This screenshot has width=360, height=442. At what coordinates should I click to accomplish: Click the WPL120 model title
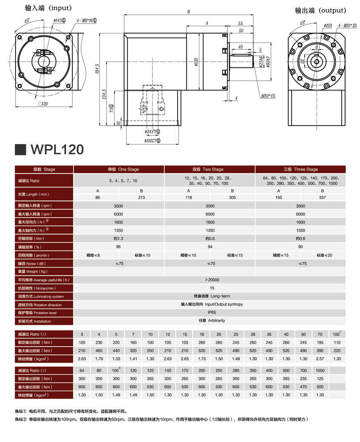pos(57,149)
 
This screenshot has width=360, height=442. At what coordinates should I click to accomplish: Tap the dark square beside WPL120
pos(21,150)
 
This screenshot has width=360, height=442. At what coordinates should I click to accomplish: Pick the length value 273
pos(141,197)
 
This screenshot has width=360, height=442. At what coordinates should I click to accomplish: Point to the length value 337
pos(322,197)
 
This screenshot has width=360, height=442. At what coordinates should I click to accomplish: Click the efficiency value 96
pos(118,247)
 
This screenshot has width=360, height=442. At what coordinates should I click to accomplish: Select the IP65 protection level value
pos(212,312)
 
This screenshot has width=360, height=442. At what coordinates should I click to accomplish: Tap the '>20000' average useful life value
pos(212,280)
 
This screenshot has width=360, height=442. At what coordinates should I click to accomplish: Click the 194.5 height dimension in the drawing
pos(97,69)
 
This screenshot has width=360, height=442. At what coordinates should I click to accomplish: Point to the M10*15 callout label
pos(268,96)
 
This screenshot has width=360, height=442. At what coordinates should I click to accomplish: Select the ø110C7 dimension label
pos(152,140)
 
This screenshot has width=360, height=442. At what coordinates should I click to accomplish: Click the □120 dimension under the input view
pos(43,104)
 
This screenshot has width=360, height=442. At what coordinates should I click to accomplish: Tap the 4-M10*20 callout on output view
pos(348,26)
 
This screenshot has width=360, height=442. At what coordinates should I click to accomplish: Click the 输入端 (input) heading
pos(48,8)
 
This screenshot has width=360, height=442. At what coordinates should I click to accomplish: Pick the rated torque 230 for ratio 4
pos(99,343)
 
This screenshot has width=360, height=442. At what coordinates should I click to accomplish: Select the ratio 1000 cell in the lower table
pos(320,370)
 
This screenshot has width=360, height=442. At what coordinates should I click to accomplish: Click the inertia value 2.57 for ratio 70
pos(320,359)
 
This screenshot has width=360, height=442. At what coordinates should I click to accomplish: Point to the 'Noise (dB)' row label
pos(32,264)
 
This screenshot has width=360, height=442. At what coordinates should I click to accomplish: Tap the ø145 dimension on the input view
pos(59,21)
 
